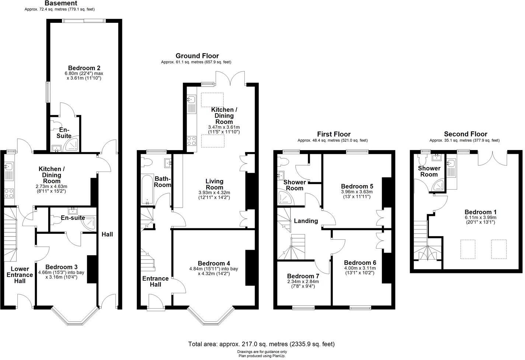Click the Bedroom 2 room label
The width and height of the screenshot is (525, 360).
84,68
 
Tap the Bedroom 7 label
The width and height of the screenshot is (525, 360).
303,276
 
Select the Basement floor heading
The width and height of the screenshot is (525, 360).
61,3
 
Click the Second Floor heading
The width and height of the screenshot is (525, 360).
465,134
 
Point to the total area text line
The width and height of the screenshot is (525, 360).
261,344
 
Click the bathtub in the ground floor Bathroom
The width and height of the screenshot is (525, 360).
146,190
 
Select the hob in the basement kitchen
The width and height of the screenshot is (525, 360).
9,193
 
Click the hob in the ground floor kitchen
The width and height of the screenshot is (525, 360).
192,141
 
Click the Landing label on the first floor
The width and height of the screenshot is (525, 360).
306,221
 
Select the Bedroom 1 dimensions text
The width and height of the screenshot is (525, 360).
480,220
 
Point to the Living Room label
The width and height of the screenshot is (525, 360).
214,184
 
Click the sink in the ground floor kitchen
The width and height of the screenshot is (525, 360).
191,100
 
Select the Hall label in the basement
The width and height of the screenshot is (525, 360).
107,234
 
